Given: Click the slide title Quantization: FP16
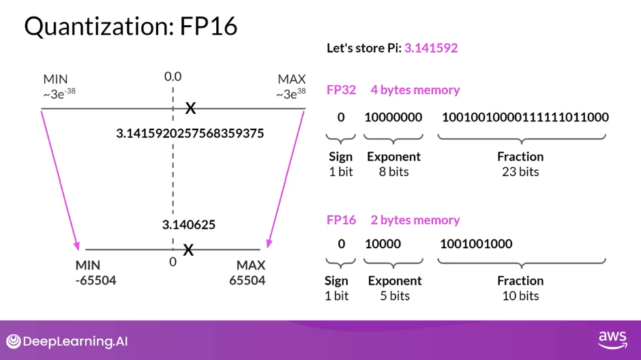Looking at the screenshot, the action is pyautogui.click(x=131, y=26).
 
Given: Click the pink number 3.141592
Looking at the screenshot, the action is pyautogui.click(x=430, y=48).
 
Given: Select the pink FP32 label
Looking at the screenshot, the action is pyautogui.click(x=341, y=89).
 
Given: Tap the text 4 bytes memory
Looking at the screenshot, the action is pyautogui.click(x=415, y=89).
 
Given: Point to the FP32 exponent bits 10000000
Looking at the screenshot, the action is pyautogui.click(x=393, y=117).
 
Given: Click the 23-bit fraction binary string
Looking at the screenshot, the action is pyautogui.click(x=525, y=117).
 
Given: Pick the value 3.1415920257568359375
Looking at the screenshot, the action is pyautogui.click(x=190, y=133).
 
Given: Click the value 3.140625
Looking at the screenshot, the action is pyautogui.click(x=189, y=224).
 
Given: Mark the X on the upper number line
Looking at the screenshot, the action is pyautogui.click(x=191, y=108).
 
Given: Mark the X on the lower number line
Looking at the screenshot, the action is pyautogui.click(x=188, y=250).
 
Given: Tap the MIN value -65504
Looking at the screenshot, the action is pyautogui.click(x=95, y=280).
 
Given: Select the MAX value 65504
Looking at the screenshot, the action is pyautogui.click(x=247, y=280).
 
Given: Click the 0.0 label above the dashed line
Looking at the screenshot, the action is pyautogui.click(x=173, y=76).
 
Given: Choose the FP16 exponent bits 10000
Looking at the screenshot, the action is pyautogui.click(x=383, y=243).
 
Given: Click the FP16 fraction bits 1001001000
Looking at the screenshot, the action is pyautogui.click(x=476, y=243).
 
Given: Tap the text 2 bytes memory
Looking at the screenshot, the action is pyautogui.click(x=415, y=220).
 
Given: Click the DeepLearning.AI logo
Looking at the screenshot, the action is pyautogui.click(x=67, y=341).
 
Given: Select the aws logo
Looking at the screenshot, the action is pyautogui.click(x=612, y=339).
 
